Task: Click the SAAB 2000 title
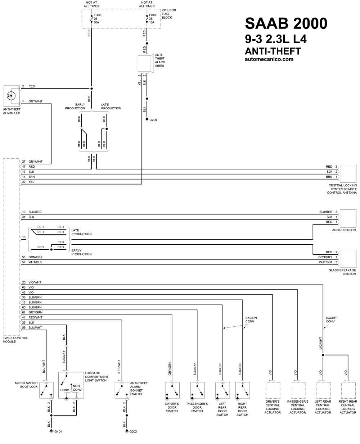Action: tap(286, 23)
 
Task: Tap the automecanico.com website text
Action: tap(269, 59)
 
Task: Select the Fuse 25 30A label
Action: tap(98, 19)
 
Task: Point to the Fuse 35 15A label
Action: tap(153, 19)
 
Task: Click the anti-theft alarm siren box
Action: tap(145, 64)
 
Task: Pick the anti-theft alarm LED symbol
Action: tap(12, 96)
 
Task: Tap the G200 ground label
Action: tap(153, 120)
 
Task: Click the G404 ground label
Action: tap(58, 431)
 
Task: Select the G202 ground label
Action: tap(133, 431)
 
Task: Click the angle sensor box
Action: tap(348, 218)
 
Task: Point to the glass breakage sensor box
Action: tap(348, 259)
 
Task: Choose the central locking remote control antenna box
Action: tap(348, 174)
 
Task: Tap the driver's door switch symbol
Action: tap(172, 390)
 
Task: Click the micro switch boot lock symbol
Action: tap(46, 390)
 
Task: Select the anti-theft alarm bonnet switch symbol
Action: tap(122, 390)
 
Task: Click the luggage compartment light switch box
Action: tap(71, 385)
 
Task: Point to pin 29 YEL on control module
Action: tap(28, 182)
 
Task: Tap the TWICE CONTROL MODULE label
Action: tap(15, 340)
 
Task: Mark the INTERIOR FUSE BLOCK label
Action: tap(169, 14)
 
